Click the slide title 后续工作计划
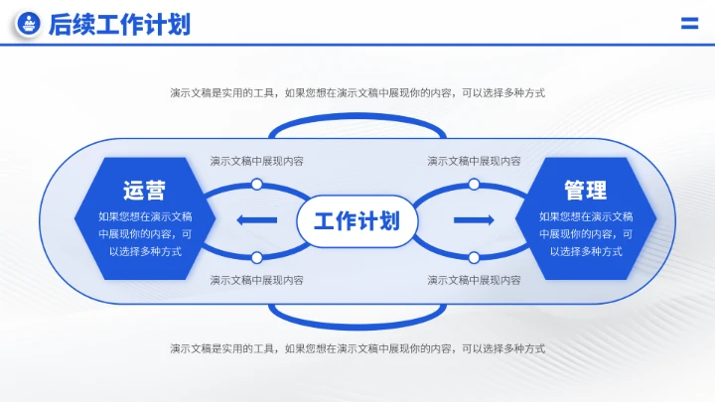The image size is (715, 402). coord(119,25)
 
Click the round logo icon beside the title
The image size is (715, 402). coord(30,25)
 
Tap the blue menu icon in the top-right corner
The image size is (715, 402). coord(689,25)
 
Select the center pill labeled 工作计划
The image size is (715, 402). coord(357,220)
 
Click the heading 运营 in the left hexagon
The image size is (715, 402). coord(145,190)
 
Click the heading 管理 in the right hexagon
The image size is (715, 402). coord(585,190)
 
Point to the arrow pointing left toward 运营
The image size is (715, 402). coord(257,220)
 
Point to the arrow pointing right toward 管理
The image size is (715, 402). coord(474,220)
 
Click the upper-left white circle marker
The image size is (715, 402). coord(256,184)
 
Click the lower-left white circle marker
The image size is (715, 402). coord(256,258)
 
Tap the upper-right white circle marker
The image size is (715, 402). coord(474,184)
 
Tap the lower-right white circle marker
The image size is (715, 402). coord(474,258)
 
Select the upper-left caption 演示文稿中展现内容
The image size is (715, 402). coord(256,161)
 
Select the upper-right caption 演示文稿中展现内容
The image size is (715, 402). coord(474,161)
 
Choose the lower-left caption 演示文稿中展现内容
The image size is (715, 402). coord(256,281)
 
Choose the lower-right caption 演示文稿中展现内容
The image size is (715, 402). coord(474,281)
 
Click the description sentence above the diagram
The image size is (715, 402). coord(357,93)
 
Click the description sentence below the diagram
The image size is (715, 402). coord(357,348)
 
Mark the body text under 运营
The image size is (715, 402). coord(145,234)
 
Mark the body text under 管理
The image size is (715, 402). coord(585,234)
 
